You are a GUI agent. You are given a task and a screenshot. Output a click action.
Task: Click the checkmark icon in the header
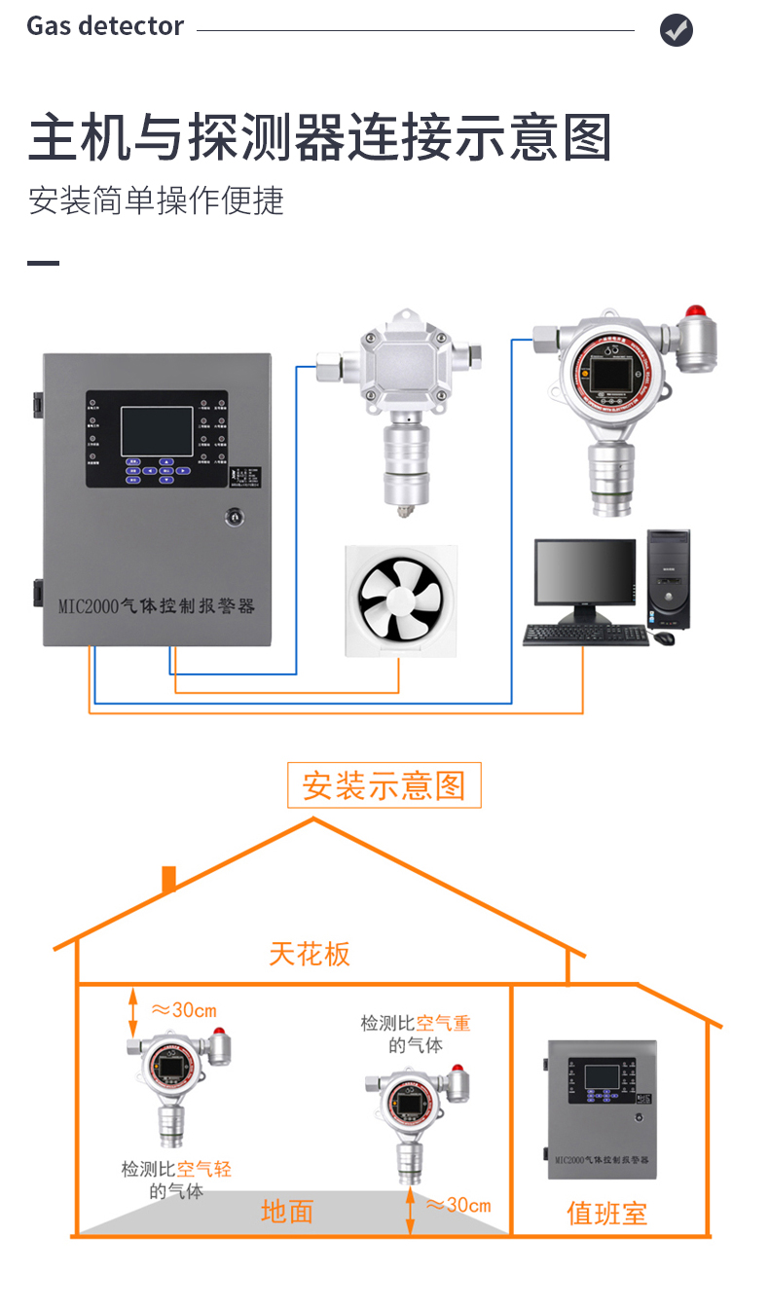click(677, 30)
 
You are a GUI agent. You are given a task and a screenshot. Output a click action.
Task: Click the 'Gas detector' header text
click(105, 26)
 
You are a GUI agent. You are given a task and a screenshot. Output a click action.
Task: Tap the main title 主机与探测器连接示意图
click(320, 137)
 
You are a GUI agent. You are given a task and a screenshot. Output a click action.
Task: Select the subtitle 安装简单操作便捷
click(156, 200)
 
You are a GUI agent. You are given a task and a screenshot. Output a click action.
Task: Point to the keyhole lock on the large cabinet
click(234, 516)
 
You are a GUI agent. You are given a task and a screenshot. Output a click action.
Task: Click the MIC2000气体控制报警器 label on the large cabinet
click(156, 606)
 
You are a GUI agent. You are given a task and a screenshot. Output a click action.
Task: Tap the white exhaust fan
click(400, 601)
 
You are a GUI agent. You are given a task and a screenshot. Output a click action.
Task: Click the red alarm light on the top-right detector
click(695, 314)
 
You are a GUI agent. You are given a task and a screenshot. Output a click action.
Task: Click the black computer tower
click(668, 580)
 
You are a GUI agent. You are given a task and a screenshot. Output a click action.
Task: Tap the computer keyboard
click(585, 636)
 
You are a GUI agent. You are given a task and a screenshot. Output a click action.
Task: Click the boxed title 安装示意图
click(384, 785)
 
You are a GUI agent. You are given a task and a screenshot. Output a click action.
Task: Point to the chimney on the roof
click(168, 879)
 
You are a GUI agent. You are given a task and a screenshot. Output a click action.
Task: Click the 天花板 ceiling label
click(310, 954)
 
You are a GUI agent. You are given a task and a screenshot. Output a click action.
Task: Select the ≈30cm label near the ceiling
click(184, 1010)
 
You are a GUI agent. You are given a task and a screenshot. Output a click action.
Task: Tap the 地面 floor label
click(287, 1212)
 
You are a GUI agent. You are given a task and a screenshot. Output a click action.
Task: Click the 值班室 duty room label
click(606, 1214)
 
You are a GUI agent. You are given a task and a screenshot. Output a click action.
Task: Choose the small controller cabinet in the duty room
click(602, 1109)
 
